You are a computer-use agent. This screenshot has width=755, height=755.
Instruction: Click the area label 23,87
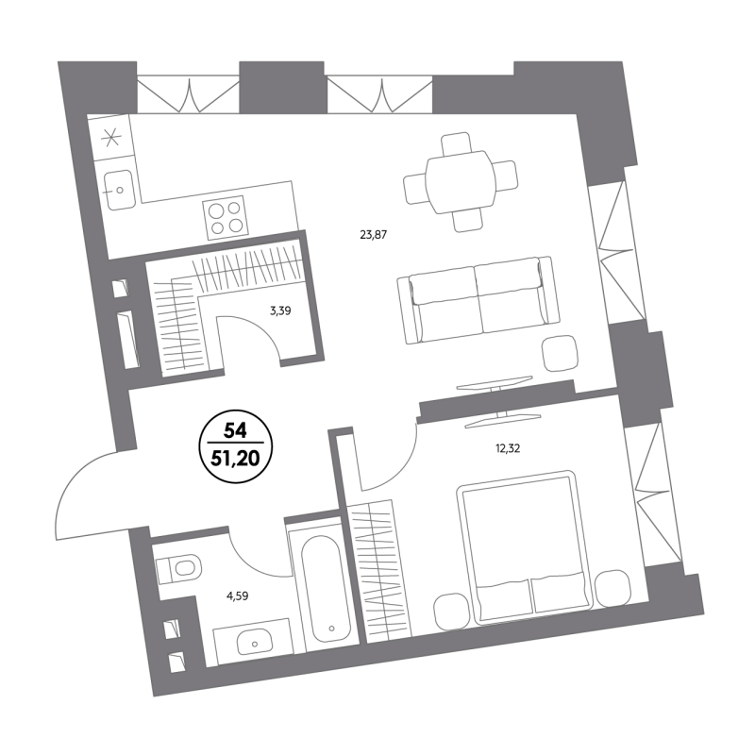click(373, 235)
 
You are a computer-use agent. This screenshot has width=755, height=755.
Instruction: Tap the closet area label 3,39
click(280, 311)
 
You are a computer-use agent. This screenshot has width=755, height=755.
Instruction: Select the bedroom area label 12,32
click(508, 449)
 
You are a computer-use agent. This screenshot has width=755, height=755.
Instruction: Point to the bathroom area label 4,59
click(238, 597)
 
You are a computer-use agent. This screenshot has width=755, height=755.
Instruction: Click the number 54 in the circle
click(235, 430)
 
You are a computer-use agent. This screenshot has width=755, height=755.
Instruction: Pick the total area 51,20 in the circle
click(235, 459)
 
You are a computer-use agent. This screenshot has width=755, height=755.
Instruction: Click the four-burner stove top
click(226, 218)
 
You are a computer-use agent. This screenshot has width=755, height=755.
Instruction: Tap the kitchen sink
click(119, 190)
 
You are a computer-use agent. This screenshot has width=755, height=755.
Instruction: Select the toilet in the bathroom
click(178, 568)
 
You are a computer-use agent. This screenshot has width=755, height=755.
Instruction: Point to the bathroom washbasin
click(254, 642)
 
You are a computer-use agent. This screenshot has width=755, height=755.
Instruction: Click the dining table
click(461, 182)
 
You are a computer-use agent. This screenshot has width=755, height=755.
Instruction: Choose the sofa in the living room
click(478, 300)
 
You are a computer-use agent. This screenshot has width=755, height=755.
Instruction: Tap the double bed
click(525, 547)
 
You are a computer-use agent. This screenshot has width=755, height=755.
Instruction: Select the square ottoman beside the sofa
click(560, 353)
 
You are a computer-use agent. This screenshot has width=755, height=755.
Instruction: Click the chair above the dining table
click(457, 143)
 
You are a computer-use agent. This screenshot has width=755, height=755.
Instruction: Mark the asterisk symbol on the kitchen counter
click(111, 138)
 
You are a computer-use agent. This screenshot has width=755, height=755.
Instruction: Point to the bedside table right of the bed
click(612, 587)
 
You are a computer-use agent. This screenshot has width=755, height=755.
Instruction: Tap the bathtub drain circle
click(331, 628)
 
